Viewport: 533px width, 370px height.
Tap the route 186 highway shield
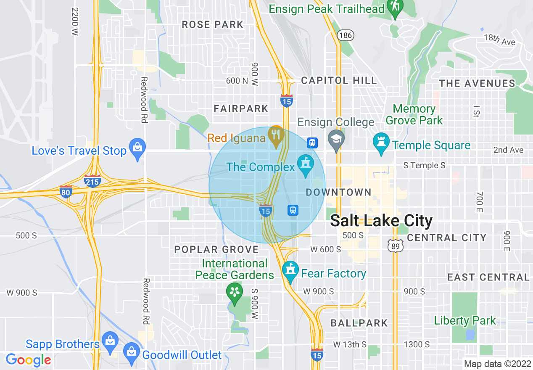pyautogui.click(x=346, y=36)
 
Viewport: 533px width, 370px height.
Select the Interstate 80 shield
pyautogui.click(x=66, y=191)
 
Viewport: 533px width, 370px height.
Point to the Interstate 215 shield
pyautogui.click(x=92, y=181)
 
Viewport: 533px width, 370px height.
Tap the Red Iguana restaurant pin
pyautogui.click(x=276, y=135)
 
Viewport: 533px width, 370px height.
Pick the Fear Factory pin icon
pyautogui.click(x=290, y=271)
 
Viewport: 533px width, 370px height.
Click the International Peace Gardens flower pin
pyautogui.click(x=234, y=292)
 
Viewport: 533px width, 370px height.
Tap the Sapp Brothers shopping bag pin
pyautogui.click(x=110, y=341)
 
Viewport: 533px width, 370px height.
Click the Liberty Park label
pyautogui.click(x=465, y=320)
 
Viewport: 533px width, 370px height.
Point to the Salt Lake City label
pyautogui.click(x=381, y=221)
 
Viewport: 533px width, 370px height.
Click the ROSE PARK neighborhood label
pyautogui.click(x=213, y=25)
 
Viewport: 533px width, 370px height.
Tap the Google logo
pyautogui.click(x=29, y=359)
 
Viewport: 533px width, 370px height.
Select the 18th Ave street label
pyautogui.click(x=499, y=39)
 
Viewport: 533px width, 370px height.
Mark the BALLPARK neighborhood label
pyautogui.click(x=359, y=323)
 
